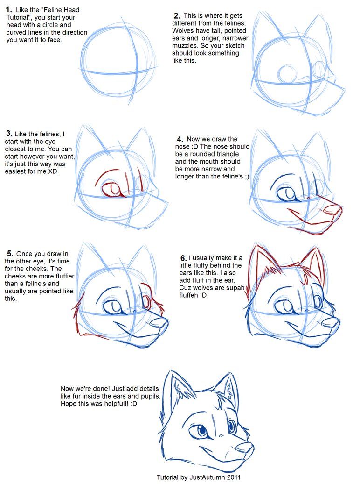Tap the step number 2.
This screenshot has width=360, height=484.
click(x=177, y=16)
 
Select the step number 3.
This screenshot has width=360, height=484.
click(x=8, y=134)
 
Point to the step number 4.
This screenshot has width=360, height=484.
click(x=180, y=140)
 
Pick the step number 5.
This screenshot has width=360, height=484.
click(x=8, y=254)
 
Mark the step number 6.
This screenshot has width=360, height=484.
click(x=183, y=258)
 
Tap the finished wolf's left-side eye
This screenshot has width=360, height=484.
click(x=201, y=430)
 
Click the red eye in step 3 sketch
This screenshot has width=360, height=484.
click(x=112, y=189)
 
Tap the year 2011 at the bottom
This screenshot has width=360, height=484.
click(x=233, y=477)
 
